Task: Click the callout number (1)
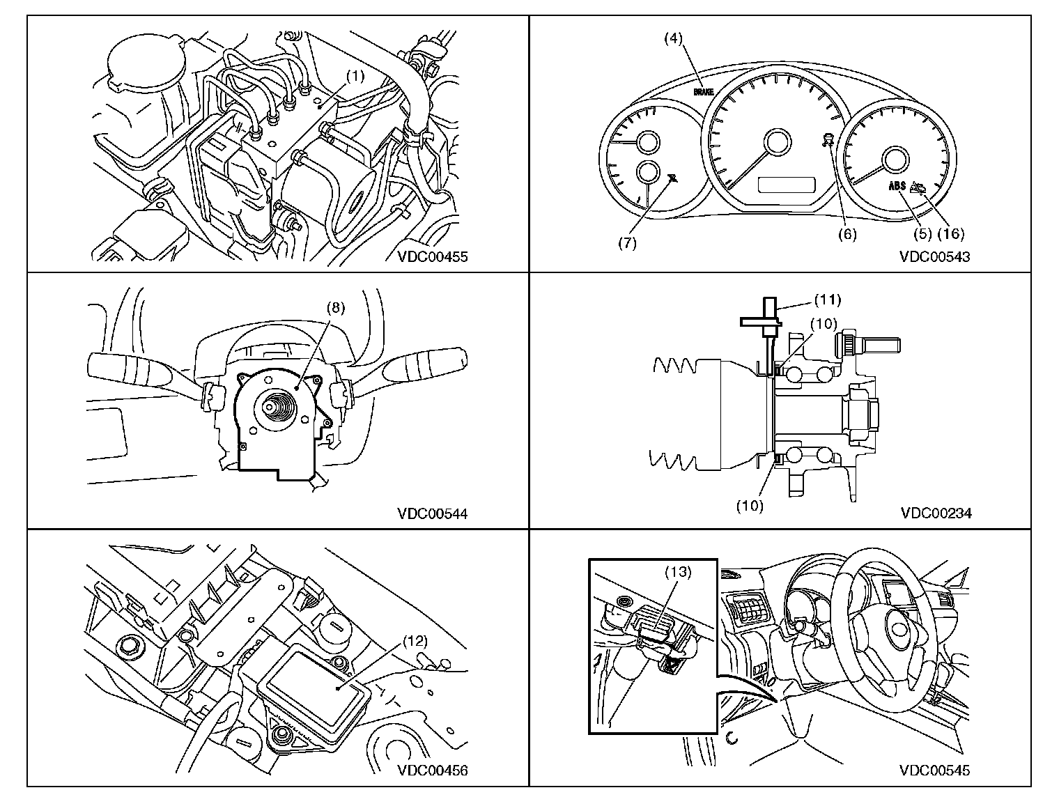355,77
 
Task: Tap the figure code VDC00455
433,256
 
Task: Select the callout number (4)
672,38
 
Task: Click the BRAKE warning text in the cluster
704,92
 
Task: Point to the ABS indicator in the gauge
897,186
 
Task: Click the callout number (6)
847,235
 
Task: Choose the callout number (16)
952,235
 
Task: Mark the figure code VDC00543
935,256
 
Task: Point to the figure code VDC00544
433,513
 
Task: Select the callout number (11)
828,300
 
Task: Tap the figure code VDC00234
936,513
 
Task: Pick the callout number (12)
414,640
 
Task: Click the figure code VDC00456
433,770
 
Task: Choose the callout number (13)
677,572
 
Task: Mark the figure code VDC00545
935,770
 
